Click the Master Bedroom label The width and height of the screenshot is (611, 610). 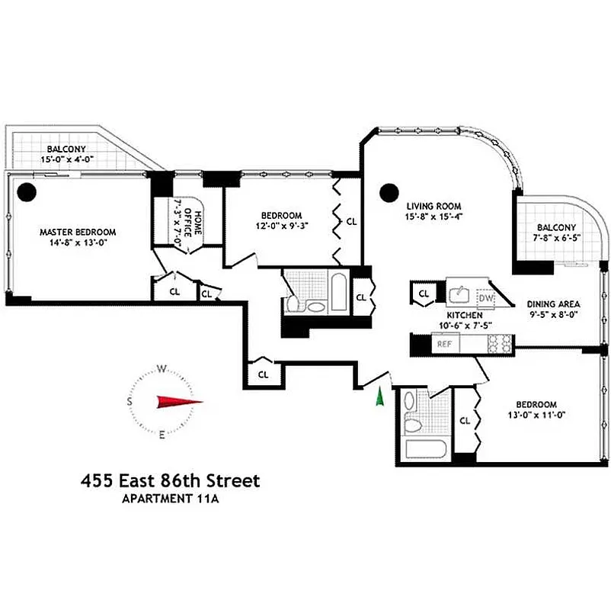tap(78, 232)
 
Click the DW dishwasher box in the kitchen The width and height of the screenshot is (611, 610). tap(488, 298)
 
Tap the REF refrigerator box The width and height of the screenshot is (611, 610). tap(444, 345)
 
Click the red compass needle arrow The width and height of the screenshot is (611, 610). tap(179, 402)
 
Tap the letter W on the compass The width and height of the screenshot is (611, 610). tap(162, 368)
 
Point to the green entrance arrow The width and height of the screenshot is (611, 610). tap(378, 397)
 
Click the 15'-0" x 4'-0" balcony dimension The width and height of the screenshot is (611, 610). tap(67, 160)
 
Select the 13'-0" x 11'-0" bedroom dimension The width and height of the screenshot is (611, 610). tap(536, 415)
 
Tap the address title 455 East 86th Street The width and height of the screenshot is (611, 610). tap(171, 481)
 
